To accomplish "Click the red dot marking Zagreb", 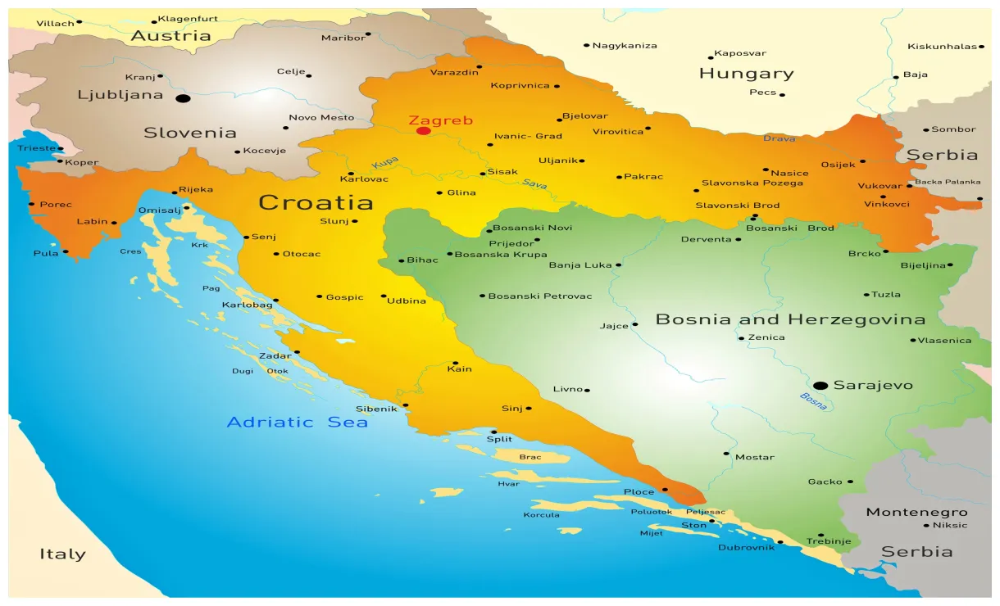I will pos(423,131).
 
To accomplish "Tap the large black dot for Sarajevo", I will pos(820,386).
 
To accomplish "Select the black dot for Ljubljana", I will pos(183,98).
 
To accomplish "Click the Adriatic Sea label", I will pos(297,423).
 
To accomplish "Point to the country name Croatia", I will pos(316,202).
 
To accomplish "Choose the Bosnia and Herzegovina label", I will pos(790,320).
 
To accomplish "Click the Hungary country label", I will pos(746,74).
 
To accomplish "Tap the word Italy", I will pos(62,554).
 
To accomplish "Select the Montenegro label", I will pos(916,513).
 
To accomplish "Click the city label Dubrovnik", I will pos(746,547).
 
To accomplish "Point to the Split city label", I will pos(499,440).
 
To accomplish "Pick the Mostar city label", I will pos(754,457).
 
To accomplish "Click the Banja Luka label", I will pos(580,265).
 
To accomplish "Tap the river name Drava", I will pos(779,138).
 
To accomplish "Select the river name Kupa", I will pos(384,164).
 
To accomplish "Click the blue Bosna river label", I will pos(813,401).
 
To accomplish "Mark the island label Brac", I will pos(530,457).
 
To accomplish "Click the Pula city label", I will pos(46,253).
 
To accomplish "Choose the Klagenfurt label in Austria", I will pos(188,19).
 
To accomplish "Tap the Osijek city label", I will pos(838,165).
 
